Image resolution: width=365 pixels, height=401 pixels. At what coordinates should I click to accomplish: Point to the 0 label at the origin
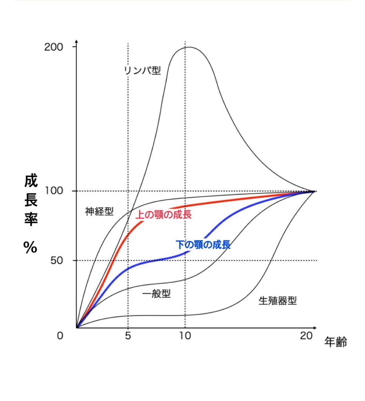tap(60, 336)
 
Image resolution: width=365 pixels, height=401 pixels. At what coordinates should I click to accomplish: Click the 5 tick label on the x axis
tap(128, 336)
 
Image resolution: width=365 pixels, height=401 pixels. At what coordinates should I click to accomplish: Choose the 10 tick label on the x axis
tap(185, 336)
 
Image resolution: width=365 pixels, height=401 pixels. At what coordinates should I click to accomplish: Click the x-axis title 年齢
tap(336, 342)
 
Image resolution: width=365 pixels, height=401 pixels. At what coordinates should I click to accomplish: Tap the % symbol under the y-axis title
tap(30, 247)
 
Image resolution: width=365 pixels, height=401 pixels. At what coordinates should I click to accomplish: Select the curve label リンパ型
tap(142, 70)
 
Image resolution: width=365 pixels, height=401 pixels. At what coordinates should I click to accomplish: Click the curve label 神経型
tap(99, 212)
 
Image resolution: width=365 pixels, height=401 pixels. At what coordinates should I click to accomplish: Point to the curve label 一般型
tap(156, 294)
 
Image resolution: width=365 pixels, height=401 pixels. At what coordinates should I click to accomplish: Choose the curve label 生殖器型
tap(278, 301)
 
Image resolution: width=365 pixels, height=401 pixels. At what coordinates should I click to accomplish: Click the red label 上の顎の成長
tap(163, 214)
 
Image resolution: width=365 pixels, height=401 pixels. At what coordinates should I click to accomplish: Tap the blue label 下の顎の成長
tap(203, 245)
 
